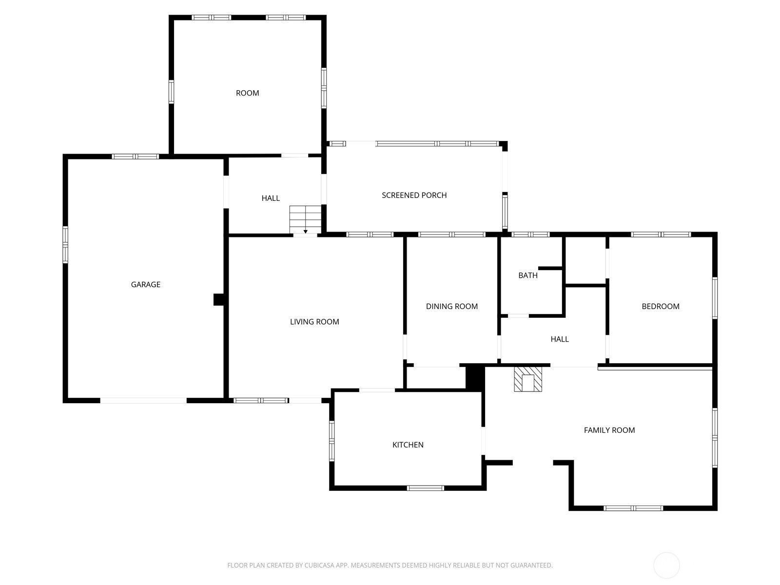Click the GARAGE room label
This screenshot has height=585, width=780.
[x=145, y=285]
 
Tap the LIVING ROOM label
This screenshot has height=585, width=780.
[x=314, y=322]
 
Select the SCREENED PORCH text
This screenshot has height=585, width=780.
[x=414, y=195]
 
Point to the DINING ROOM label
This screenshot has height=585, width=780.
[x=451, y=307]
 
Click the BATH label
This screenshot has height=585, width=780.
[x=527, y=275]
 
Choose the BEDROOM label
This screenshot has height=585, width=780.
[x=660, y=307]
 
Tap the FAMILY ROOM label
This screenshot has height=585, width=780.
[x=609, y=430]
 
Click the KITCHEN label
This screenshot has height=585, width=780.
[x=408, y=445]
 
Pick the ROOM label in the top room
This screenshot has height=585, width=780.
[x=247, y=93]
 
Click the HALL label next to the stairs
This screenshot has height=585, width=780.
[x=271, y=198]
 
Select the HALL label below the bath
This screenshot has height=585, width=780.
[x=559, y=339]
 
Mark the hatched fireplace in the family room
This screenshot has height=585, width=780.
[x=528, y=379]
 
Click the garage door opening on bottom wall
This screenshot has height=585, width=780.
[x=143, y=401]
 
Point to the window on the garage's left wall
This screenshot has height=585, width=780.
[x=65, y=245]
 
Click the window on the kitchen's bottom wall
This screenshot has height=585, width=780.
[x=426, y=488]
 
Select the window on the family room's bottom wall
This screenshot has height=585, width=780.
[x=633, y=508]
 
